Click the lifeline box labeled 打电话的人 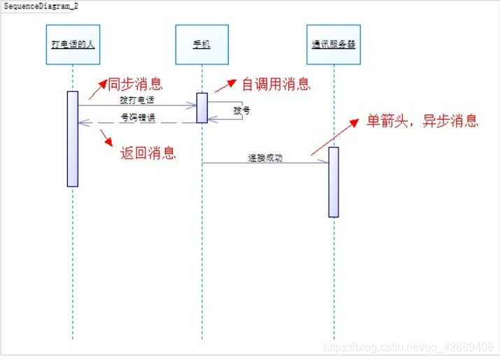point(73,45)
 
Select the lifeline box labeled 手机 point(201,45)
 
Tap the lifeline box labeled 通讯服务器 point(334,45)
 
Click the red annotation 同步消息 point(135,85)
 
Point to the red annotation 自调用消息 point(276,85)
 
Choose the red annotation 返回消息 point(148,153)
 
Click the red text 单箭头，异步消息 point(422,120)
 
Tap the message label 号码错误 point(138,117)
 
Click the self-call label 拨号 point(241,110)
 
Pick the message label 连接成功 point(265,158)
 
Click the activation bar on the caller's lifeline point(73,138)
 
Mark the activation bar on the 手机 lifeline point(202,108)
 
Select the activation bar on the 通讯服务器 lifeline point(334,182)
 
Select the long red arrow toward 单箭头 point(336,136)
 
